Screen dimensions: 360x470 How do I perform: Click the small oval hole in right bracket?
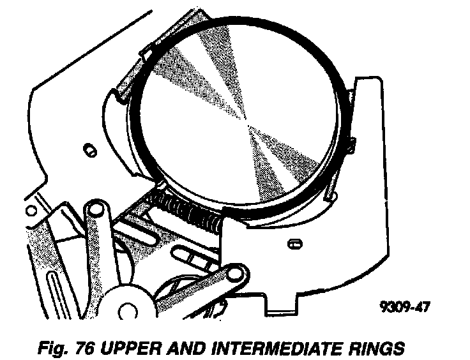point(294,243)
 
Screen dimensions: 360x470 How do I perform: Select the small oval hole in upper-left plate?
point(89,149)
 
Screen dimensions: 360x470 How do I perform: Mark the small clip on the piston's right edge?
point(350,143)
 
